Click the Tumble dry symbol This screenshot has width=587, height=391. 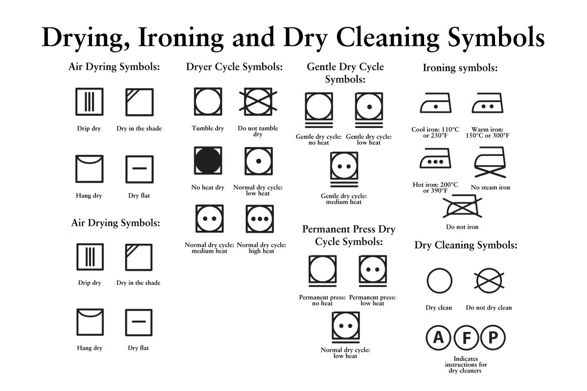[208, 101]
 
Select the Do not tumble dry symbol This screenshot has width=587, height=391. [257, 101]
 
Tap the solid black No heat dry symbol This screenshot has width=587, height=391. [208, 159]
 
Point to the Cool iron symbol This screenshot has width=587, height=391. [436, 104]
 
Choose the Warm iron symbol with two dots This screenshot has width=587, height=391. [487, 104]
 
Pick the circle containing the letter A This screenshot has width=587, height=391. [439, 337]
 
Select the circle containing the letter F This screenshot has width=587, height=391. [466, 337]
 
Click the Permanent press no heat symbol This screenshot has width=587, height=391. [322, 271]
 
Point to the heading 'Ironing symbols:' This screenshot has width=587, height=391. [460, 68]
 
